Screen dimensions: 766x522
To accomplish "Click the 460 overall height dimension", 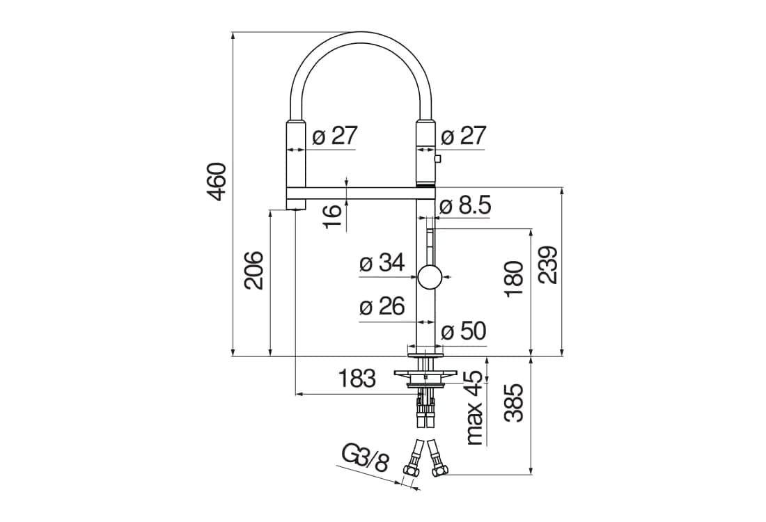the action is [x=216, y=182].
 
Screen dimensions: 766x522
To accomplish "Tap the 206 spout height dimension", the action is [x=254, y=271].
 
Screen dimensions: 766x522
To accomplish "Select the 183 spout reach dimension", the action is [x=357, y=379].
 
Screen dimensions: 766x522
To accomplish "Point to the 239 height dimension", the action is [x=548, y=264].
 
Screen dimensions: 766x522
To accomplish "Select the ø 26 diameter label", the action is [x=382, y=307].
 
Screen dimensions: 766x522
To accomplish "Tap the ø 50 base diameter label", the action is [x=464, y=331].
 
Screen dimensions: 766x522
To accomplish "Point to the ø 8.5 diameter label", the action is [x=465, y=206].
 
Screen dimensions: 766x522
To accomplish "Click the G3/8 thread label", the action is [x=366, y=459].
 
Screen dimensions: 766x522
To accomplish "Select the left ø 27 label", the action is [x=335, y=136].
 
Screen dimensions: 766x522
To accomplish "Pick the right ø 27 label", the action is [x=464, y=136].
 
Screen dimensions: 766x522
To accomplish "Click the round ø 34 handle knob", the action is [x=430, y=278].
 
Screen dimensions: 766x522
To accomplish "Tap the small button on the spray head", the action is [x=437, y=158].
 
